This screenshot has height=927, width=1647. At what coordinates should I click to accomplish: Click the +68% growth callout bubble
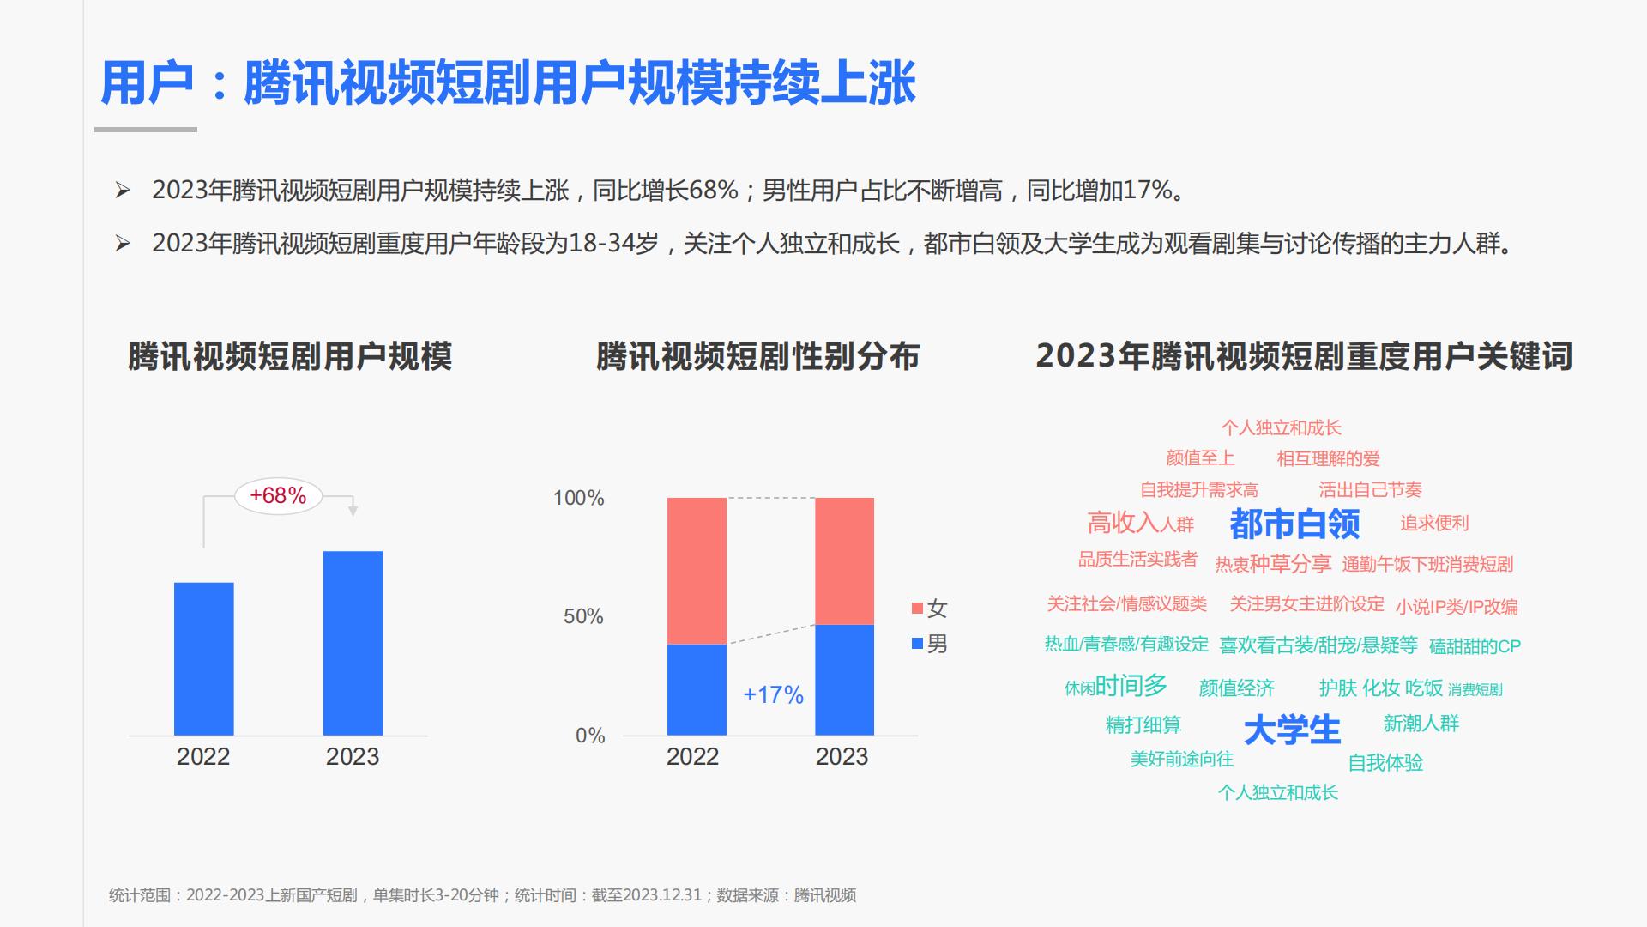(278, 495)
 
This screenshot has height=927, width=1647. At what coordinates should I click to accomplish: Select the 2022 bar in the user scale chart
(204, 659)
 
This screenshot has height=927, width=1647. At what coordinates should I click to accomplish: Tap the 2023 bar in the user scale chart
(353, 643)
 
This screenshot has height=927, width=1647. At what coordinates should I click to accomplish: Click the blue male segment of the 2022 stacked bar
(697, 689)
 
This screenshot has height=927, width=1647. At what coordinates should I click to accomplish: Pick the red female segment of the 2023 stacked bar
(844, 560)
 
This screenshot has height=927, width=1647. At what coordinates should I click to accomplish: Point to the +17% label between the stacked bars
(773, 694)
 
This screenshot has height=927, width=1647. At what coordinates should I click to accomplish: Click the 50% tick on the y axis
(583, 616)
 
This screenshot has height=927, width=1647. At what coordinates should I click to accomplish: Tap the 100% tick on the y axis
(578, 498)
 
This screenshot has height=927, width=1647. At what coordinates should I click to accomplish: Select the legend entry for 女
(929, 609)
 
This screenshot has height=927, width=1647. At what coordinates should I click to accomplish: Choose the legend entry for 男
(929, 644)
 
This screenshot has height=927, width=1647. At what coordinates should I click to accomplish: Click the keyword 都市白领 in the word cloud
(1294, 524)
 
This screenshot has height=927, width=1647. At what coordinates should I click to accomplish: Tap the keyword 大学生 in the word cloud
(1292, 730)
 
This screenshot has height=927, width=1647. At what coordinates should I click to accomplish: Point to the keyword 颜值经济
(1236, 688)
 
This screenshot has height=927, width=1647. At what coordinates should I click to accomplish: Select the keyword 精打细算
(1143, 725)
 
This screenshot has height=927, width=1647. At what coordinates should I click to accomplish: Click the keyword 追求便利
(1434, 523)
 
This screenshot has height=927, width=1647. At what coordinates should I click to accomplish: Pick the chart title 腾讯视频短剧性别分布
(757, 356)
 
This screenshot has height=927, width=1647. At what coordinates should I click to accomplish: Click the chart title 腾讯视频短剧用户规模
(290, 356)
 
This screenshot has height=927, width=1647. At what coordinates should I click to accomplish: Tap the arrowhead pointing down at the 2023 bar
(353, 511)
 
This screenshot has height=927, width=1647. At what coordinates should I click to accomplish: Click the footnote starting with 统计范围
(482, 895)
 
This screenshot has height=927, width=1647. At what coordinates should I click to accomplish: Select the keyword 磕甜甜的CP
(1475, 646)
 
